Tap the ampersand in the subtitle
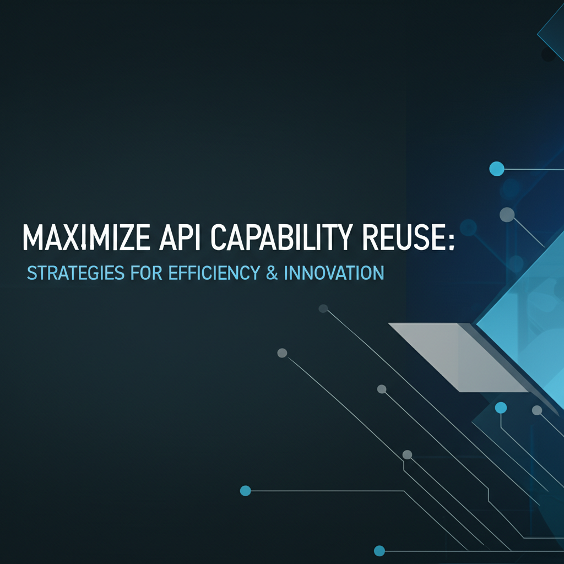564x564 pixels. point(271,273)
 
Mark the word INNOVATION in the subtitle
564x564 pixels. point(333,273)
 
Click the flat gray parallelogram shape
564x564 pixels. point(457,357)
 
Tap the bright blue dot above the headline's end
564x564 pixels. point(496,169)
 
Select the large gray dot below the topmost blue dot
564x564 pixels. point(506,214)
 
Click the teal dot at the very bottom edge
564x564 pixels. point(379,550)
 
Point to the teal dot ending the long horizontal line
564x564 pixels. point(246,490)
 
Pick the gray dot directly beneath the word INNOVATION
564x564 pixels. point(323,308)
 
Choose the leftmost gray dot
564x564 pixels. point(282,353)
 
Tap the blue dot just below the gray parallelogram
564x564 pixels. point(501,408)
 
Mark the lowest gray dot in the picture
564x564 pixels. point(407,454)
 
